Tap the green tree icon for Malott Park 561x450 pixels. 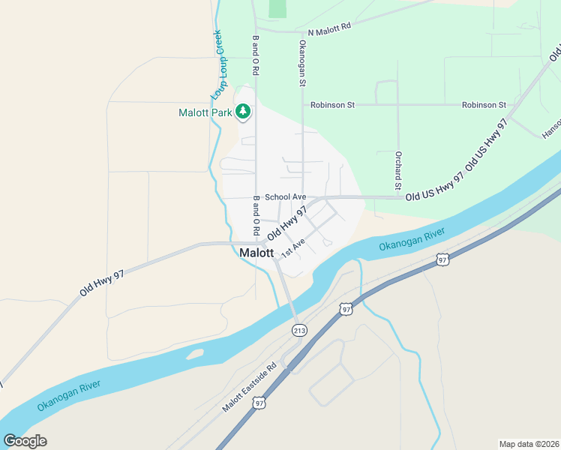243,112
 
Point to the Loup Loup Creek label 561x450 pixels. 217,65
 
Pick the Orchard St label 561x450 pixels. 399,169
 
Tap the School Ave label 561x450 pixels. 285,196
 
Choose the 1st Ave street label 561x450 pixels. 292,248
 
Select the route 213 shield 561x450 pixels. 299,330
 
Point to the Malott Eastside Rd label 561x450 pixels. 249,388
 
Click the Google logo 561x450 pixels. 25,441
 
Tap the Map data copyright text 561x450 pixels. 529,443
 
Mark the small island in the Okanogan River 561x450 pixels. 193,353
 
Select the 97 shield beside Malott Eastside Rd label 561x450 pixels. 259,403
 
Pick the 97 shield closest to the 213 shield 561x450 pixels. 345,309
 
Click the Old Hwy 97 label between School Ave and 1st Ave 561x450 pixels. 286,223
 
